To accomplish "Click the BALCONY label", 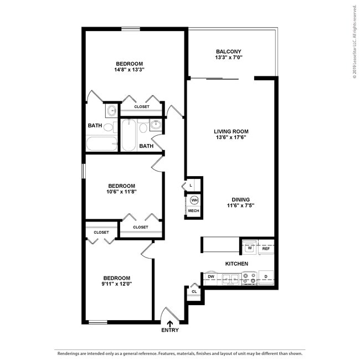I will coord(229,51).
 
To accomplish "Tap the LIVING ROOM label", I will coord(231,131).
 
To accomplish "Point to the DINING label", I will coord(241,199).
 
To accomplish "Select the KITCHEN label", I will coord(236,264).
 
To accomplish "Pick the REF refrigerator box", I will coord(266,248).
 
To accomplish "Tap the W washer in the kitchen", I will coord(250,248).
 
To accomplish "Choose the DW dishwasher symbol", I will coord(211,276).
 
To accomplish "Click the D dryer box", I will coord(266,276).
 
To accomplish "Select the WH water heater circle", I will coord(194,199).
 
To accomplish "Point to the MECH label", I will coord(194,211).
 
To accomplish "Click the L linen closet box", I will coord(191,185).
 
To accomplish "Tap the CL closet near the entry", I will coord(194,291).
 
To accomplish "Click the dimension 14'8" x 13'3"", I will coord(129,70).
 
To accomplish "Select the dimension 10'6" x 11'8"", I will coord(121,192).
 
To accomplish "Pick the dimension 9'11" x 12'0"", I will coord(116,284).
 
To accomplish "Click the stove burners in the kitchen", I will coord(250,277).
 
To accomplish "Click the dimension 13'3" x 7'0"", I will coord(229,58).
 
